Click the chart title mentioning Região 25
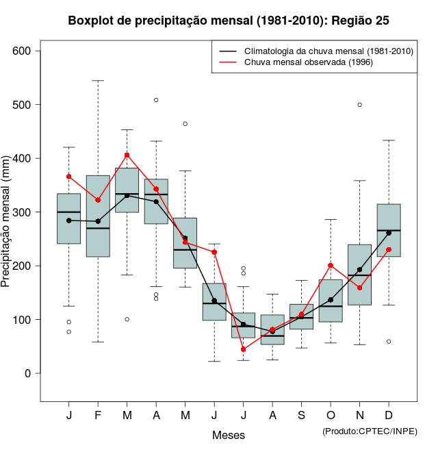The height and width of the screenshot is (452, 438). pyautogui.click(x=229, y=21)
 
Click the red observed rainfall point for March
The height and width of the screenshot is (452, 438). pyautogui.click(x=127, y=155)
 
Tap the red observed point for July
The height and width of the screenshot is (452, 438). pyautogui.click(x=244, y=349)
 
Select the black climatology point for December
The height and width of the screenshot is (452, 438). pyautogui.click(x=389, y=233)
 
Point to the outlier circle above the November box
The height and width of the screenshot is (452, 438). pyautogui.click(x=360, y=105)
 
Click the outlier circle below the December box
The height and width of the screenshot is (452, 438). pyautogui.click(x=389, y=341)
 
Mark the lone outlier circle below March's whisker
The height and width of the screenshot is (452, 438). pyautogui.click(x=127, y=319)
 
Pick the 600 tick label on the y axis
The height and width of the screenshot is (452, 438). pyautogui.click(x=22, y=51)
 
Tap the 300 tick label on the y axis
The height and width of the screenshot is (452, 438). pyautogui.click(x=22, y=212)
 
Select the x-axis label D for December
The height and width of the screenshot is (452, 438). pyautogui.click(x=389, y=416)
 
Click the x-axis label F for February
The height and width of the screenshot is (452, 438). pyautogui.click(x=98, y=416)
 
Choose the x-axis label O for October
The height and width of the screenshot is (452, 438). pyautogui.click(x=331, y=416)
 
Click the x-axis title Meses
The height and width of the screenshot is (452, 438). pyautogui.click(x=229, y=435)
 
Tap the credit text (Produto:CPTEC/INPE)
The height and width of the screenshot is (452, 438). pyautogui.click(x=370, y=431)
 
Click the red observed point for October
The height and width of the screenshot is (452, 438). pyautogui.click(x=331, y=265)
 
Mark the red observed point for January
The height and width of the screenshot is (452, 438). pyautogui.click(x=69, y=177)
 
